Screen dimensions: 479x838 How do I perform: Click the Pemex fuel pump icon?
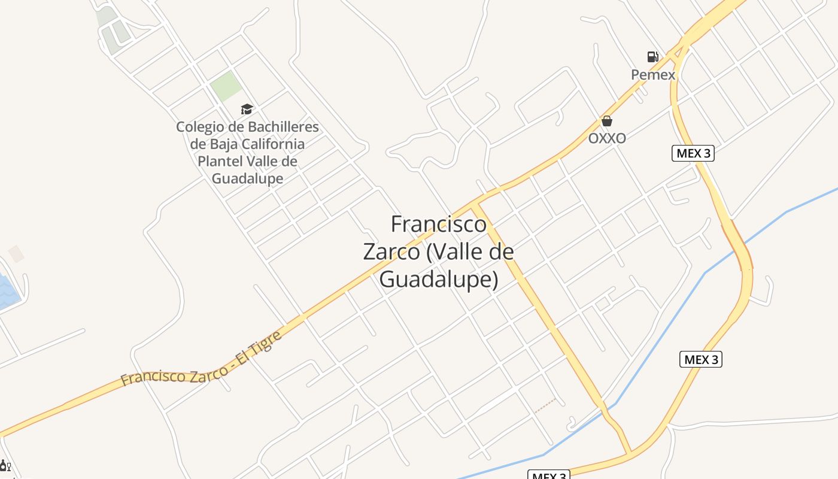(x=652, y=57)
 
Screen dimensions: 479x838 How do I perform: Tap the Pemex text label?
(x=653, y=75)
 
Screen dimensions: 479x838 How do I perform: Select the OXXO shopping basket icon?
(x=607, y=121)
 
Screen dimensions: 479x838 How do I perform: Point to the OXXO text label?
(x=607, y=138)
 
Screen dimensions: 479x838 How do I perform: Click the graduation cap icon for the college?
(x=247, y=109)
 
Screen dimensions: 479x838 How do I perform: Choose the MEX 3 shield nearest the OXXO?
(x=693, y=153)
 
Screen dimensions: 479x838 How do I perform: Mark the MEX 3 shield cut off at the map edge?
(x=549, y=475)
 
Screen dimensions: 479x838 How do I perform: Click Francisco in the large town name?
(x=438, y=224)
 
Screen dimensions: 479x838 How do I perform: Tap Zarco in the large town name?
(x=391, y=251)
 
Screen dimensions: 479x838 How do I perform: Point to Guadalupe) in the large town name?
(x=439, y=279)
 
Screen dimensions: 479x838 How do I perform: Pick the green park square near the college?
(x=226, y=86)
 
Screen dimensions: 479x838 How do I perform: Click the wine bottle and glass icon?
(x=5, y=466)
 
